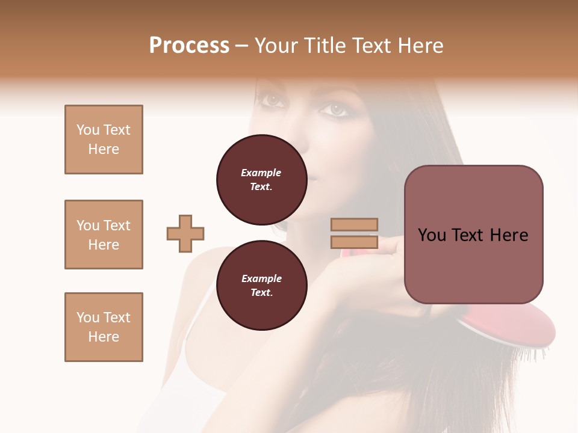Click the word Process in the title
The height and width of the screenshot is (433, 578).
(x=189, y=46)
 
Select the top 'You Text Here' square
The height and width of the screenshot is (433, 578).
(x=104, y=140)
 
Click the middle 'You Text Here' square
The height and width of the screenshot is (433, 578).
(x=104, y=235)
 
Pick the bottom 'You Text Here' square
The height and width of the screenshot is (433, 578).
(x=104, y=327)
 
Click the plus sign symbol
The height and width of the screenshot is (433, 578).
(x=185, y=233)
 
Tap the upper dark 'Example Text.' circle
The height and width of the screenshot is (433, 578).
(x=261, y=180)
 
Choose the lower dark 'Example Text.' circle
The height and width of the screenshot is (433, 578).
(x=261, y=286)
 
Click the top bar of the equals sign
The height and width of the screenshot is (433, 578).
(x=355, y=224)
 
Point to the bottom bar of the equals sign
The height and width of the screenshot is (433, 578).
(x=355, y=242)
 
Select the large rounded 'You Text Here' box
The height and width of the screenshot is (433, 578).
(x=473, y=235)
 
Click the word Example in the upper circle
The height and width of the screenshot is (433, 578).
(x=261, y=173)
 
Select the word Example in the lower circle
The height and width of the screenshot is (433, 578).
(x=261, y=278)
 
